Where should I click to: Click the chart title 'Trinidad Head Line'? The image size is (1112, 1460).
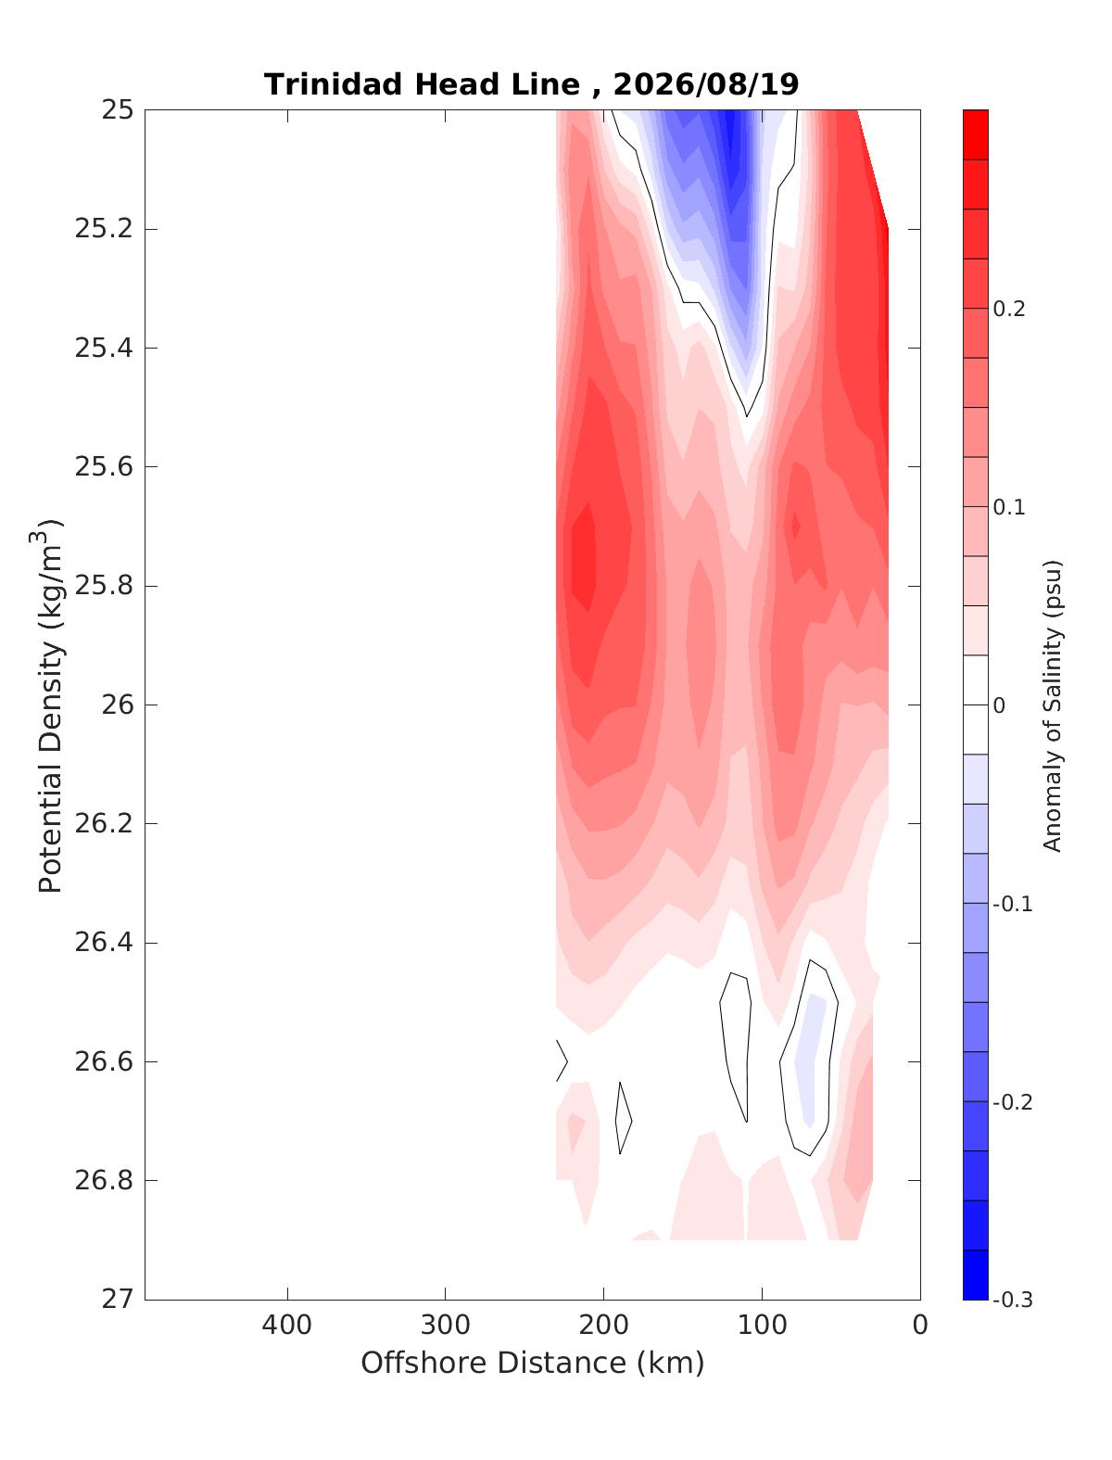pyautogui.click(x=422, y=85)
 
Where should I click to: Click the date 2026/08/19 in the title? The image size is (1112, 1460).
pyautogui.click(x=705, y=85)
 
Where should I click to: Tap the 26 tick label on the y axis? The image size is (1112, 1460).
pyautogui.click(x=117, y=705)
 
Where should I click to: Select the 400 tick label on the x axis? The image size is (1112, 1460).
pyautogui.click(x=287, y=1325)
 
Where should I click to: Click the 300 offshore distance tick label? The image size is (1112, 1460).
pyautogui.click(x=446, y=1325)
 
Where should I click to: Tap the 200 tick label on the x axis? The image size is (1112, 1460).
pyautogui.click(x=603, y=1325)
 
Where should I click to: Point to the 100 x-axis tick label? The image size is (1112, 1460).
pyautogui.click(x=762, y=1325)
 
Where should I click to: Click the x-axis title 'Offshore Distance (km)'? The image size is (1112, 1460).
pyautogui.click(x=533, y=1363)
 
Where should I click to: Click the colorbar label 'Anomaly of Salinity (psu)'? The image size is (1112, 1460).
pyautogui.click(x=1053, y=705)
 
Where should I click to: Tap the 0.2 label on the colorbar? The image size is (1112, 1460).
pyautogui.click(x=1009, y=309)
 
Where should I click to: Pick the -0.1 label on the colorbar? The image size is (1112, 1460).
pyautogui.click(x=1012, y=904)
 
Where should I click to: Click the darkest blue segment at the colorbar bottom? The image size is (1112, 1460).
pyautogui.click(x=975, y=1275)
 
